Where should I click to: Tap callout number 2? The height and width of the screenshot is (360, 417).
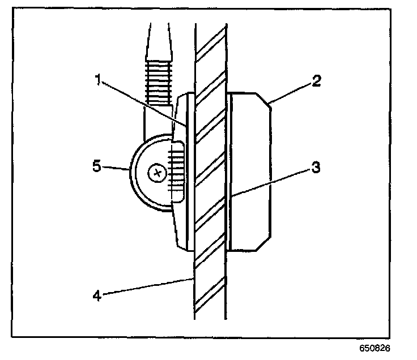click(x=317, y=80)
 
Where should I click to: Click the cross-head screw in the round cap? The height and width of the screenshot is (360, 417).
click(x=157, y=172)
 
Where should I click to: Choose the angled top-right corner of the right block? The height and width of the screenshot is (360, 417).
click(x=265, y=101)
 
